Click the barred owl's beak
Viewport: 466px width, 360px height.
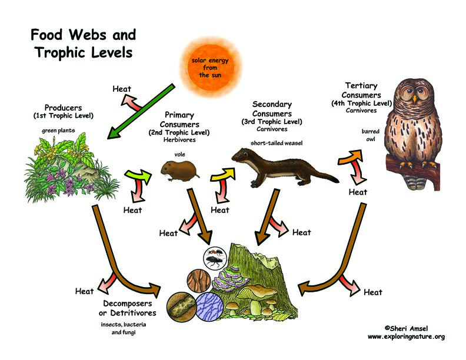tap(415, 99)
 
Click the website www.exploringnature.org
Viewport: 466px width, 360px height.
tap(406, 336)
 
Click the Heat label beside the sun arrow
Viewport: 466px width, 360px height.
tap(121, 89)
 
